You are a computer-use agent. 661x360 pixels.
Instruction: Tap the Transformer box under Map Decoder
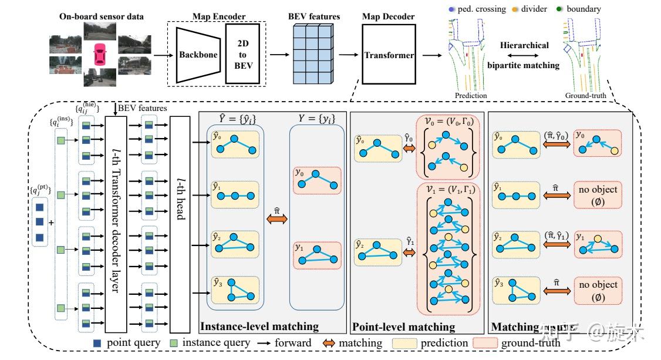click(x=389, y=55)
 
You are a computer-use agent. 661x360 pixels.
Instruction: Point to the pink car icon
click(x=100, y=56)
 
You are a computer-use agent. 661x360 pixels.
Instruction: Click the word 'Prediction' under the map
click(x=470, y=95)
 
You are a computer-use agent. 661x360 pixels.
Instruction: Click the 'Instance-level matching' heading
click(x=259, y=327)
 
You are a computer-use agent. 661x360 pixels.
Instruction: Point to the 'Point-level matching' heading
click(x=403, y=327)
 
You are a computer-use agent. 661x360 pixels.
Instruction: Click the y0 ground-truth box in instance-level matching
click(x=317, y=180)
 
